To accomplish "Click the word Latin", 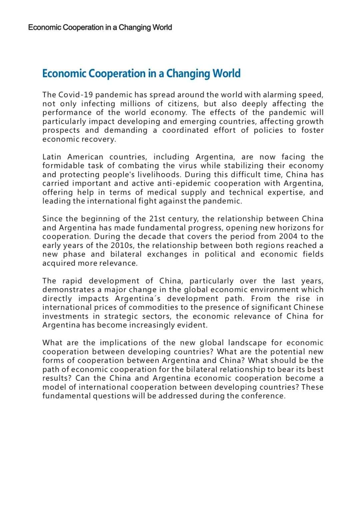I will [52, 157].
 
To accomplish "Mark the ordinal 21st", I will [157, 219].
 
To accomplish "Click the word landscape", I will [247, 343].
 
